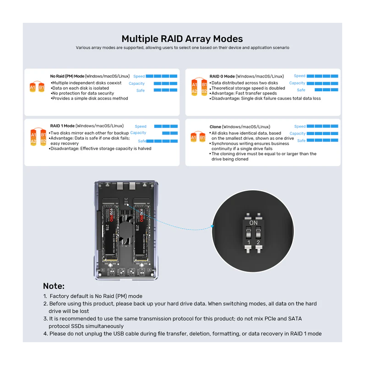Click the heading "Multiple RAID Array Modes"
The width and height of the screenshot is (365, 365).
point(182,39)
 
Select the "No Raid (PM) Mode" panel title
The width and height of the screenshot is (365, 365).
point(67,76)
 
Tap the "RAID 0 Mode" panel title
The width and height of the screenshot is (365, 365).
point(222,76)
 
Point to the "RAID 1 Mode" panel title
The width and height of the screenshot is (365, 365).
point(62,125)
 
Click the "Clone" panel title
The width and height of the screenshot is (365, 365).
point(215,126)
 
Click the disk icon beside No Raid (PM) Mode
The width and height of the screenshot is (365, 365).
point(36,87)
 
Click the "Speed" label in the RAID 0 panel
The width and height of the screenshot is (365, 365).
point(299,76)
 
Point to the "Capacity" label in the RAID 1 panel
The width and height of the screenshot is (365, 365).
point(138,133)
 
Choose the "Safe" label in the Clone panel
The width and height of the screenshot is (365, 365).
point(301,141)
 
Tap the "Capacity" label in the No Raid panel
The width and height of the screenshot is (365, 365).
point(136,83)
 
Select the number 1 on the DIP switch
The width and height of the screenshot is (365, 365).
point(249,242)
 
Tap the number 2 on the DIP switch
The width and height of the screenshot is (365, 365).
point(258,242)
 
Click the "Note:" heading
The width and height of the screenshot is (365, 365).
point(53,286)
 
